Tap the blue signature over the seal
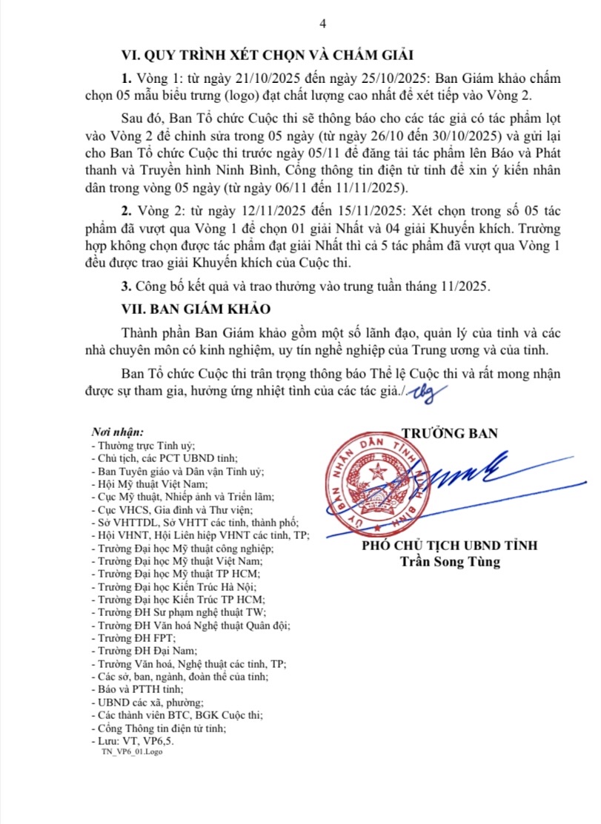[x=452, y=474]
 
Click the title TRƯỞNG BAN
[x=450, y=433]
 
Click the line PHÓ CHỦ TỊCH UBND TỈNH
[x=450, y=546]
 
